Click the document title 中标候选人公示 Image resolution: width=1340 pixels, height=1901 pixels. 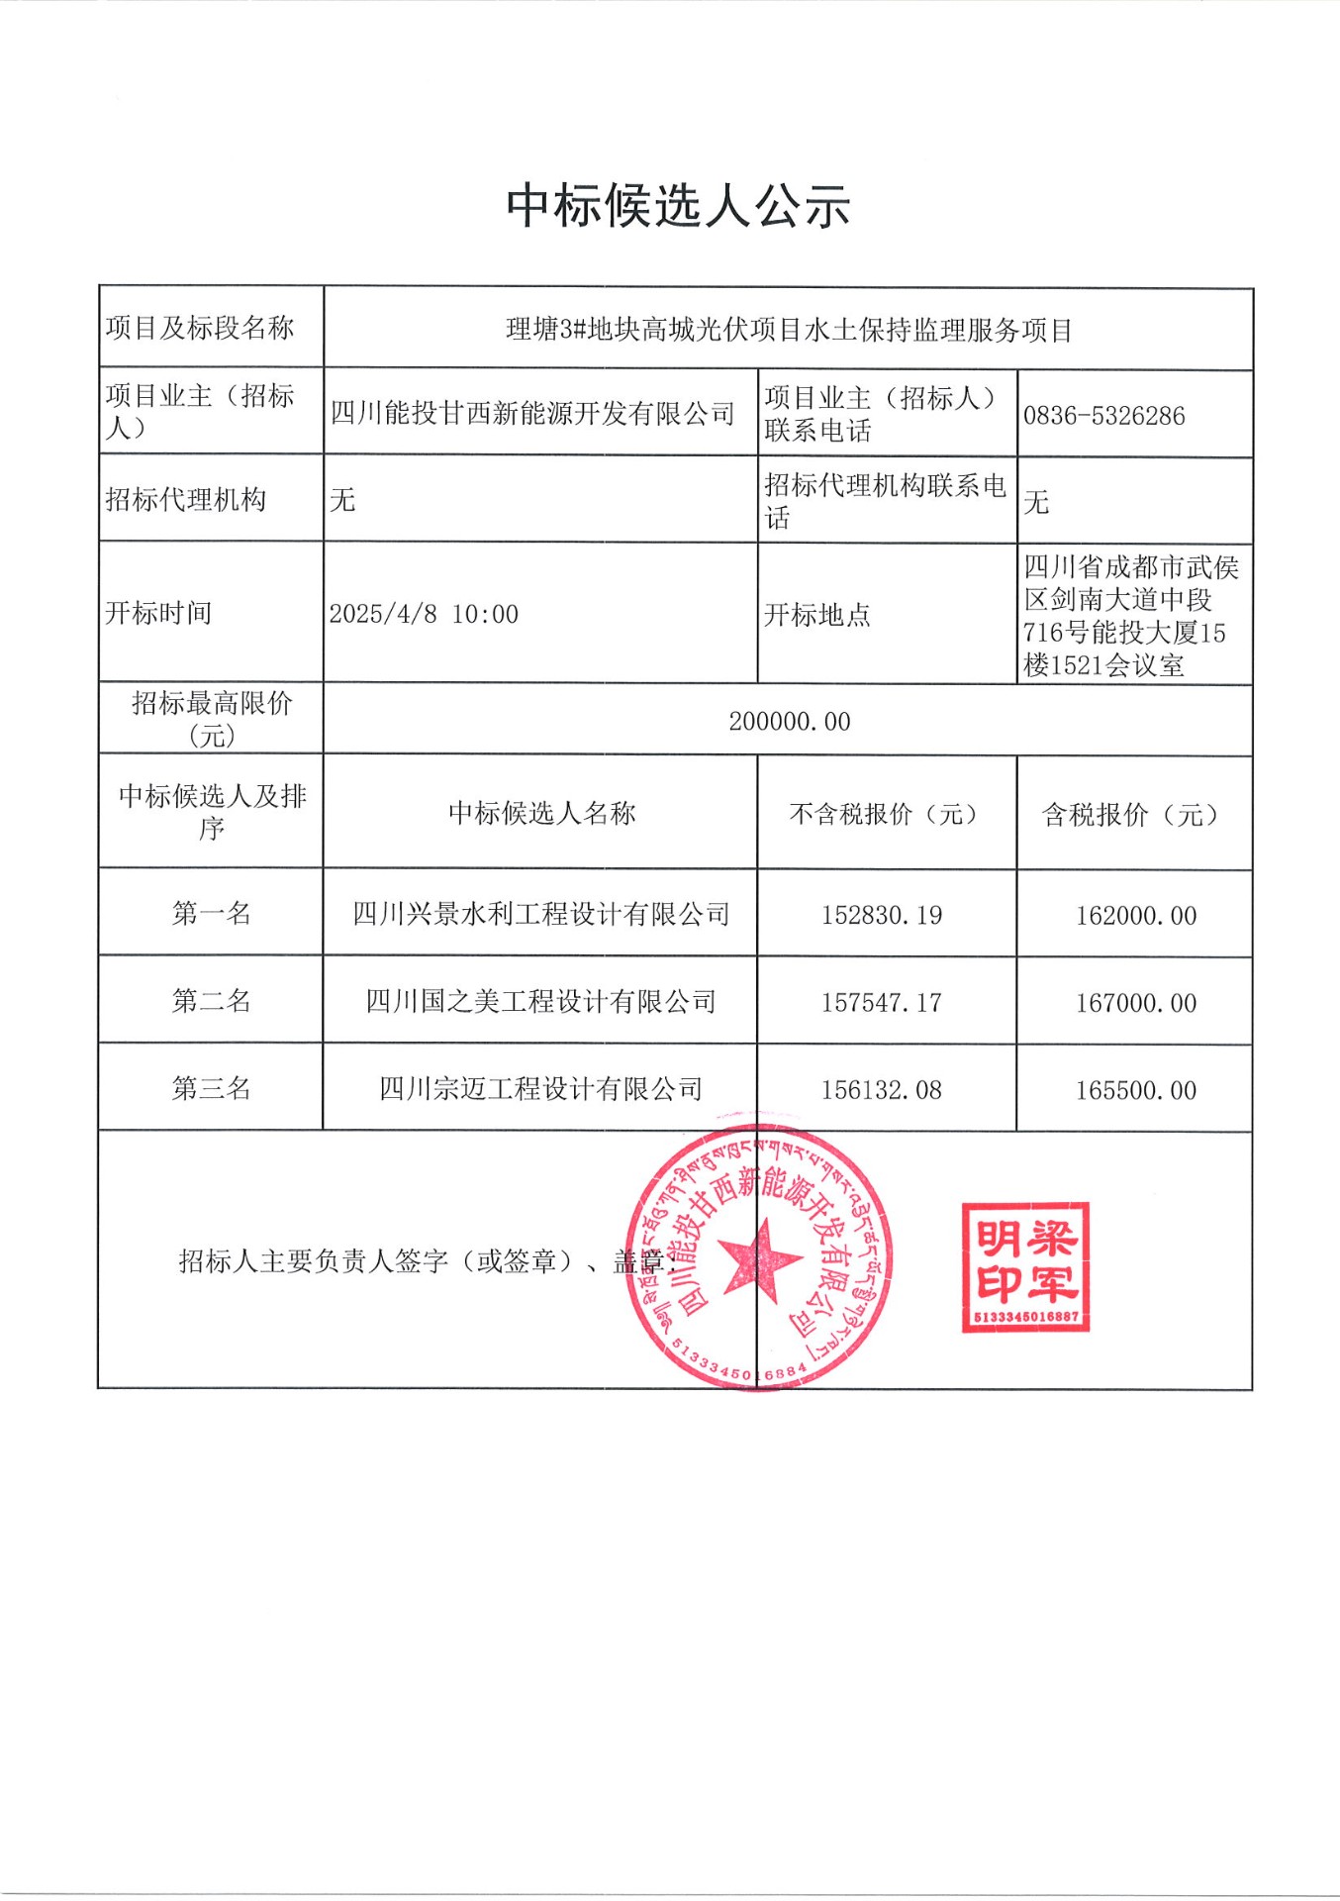click(x=678, y=206)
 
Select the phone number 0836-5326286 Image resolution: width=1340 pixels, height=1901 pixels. click(x=1103, y=416)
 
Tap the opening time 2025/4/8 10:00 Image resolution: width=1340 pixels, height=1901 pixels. click(x=424, y=614)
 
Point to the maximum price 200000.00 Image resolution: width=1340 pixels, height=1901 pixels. click(x=789, y=722)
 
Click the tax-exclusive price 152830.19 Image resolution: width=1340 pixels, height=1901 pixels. click(x=881, y=915)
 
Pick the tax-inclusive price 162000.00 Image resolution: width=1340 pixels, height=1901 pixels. click(x=1136, y=916)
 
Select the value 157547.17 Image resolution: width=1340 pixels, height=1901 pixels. click(x=881, y=1003)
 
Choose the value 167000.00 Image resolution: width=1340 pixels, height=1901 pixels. click(x=1136, y=1003)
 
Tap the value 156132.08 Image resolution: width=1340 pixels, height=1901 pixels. click(x=881, y=1090)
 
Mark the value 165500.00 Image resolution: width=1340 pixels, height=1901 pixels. click(x=1136, y=1090)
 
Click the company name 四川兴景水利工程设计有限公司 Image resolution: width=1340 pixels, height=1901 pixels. click(x=541, y=914)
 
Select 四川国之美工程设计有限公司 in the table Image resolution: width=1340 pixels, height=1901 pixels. click(x=541, y=1002)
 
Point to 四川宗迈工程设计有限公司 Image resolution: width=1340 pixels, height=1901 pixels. click(x=541, y=1089)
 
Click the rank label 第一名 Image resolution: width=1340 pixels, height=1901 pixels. click(x=211, y=913)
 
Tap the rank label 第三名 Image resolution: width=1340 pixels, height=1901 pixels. click(x=211, y=1088)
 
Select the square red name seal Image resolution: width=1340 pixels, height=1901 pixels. click(x=1025, y=1267)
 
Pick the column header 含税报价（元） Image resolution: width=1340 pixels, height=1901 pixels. click(x=1134, y=814)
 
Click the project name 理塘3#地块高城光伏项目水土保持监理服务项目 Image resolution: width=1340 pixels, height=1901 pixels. click(x=789, y=330)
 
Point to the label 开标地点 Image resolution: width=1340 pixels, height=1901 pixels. click(x=816, y=615)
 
